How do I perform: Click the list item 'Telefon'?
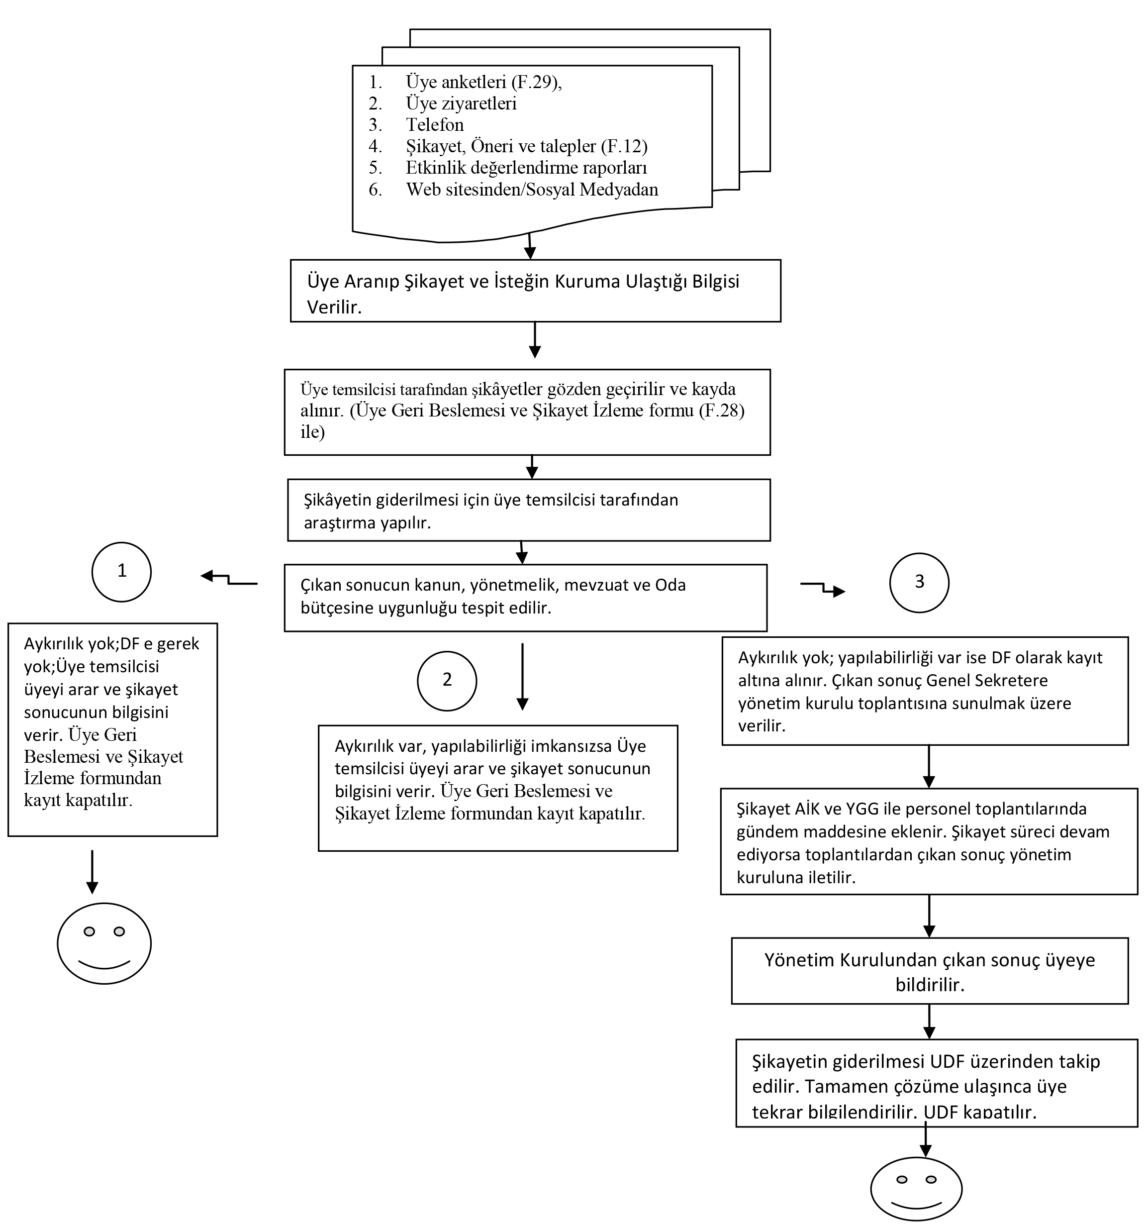(435, 125)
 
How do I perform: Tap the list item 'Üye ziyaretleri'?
(461, 103)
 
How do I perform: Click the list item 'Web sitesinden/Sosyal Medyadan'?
(532, 189)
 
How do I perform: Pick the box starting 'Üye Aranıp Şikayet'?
(535, 291)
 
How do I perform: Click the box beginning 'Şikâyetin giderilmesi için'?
(529, 510)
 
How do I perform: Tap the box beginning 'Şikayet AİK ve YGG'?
(929, 841)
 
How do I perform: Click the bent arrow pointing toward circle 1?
(229, 579)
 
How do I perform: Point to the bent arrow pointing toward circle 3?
(823, 587)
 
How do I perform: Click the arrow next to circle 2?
(522, 677)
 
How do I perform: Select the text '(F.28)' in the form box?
(721, 410)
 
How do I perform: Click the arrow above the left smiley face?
(92, 872)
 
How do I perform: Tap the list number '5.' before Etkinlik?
(375, 168)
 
